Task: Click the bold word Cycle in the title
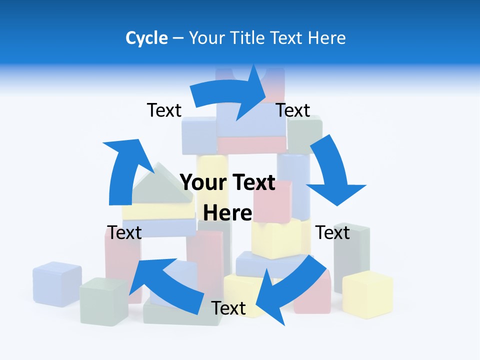click(146, 38)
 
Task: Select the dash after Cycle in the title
click(178, 38)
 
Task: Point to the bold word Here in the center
click(227, 213)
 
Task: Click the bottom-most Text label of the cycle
click(228, 308)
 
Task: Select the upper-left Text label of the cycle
click(164, 110)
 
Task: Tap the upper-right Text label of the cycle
click(293, 110)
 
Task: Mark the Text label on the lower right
click(332, 232)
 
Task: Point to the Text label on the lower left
click(124, 232)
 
